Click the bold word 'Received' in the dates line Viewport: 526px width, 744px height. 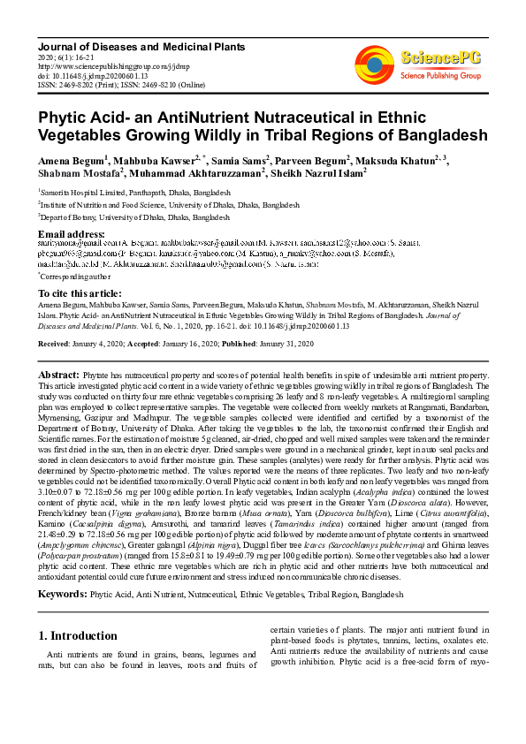55,340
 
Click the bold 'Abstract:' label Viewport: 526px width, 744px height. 59,376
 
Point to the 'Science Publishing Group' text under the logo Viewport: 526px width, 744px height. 439,76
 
